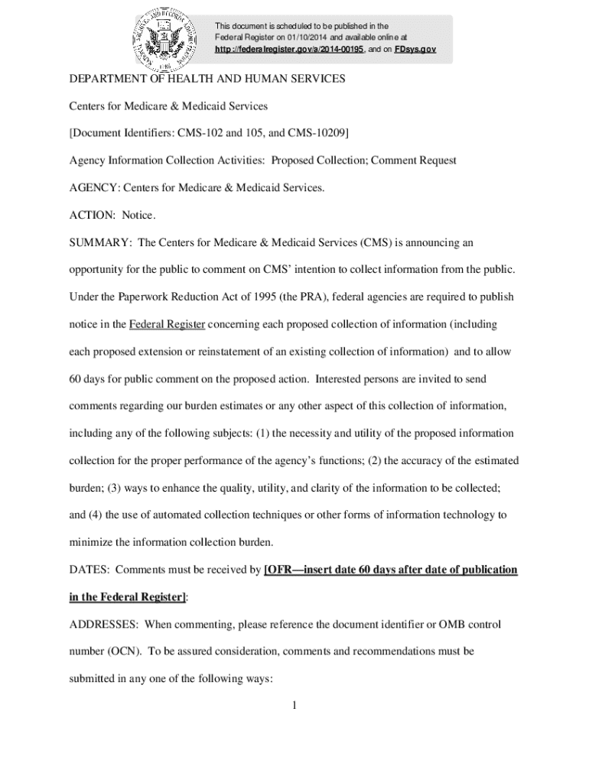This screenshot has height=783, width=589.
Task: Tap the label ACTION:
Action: pyautogui.click(x=91, y=216)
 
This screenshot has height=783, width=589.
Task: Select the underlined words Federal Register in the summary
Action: pyautogui.click(x=167, y=325)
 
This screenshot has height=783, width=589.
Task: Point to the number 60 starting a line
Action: pyautogui.click(x=76, y=379)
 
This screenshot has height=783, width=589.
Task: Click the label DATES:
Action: pyautogui.click(x=89, y=570)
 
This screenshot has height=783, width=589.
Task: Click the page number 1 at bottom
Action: pyautogui.click(x=294, y=705)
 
